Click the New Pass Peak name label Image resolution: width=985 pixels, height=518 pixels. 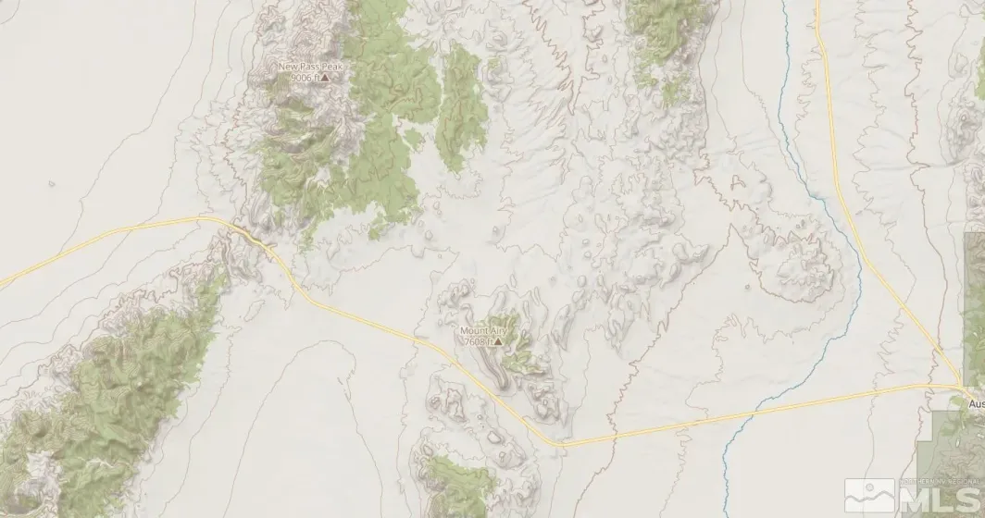click(304, 67)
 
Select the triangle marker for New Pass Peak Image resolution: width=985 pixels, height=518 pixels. click(324, 79)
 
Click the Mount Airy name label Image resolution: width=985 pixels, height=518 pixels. click(483, 330)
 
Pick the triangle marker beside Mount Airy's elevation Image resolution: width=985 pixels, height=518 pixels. click(498, 341)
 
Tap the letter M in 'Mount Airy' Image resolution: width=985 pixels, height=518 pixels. click(464, 330)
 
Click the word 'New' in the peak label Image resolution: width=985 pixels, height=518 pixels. click(287, 67)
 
